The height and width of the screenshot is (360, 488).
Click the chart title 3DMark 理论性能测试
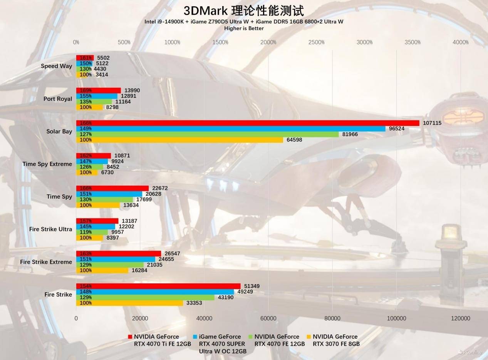click(x=244, y=10)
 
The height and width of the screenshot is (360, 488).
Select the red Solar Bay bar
click(x=248, y=123)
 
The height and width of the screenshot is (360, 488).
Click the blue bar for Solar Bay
click(x=231, y=129)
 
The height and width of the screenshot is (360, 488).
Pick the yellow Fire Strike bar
click(x=129, y=303)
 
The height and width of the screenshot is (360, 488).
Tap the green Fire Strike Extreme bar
click(x=110, y=265)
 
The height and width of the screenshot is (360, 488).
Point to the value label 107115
click(x=432, y=123)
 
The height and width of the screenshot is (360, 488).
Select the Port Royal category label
click(x=58, y=99)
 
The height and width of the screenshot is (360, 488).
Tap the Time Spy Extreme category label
click(x=47, y=164)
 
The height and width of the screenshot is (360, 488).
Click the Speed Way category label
click(x=57, y=66)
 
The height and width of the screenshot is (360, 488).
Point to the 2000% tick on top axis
click(x=268, y=42)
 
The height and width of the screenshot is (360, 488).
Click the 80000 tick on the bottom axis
click(x=332, y=318)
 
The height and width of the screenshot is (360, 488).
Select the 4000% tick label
click(x=461, y=42)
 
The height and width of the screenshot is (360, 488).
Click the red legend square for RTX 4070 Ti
click(x=130, y=337)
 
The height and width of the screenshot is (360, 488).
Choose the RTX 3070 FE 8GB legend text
click(x=336, y=340)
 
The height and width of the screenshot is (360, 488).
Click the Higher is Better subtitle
click(x=244, y=28)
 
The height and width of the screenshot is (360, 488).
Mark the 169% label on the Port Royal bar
click(x=86, y=90)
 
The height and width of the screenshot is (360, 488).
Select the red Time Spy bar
click(x=112, y=188)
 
